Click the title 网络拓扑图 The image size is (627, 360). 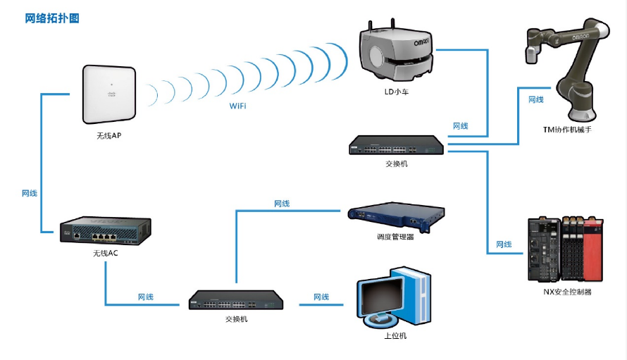[x=52, y=18]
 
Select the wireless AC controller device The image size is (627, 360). [x=105, y=231]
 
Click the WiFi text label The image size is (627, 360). [x=238, y=106]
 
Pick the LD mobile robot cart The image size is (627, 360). [x=397, y=53]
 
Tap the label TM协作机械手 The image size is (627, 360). [x=566, y=130]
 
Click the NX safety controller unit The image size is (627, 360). [x=565, y=249]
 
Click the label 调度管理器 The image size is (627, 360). [x=395, y=237]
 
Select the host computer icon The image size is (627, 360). [x=393, y=296]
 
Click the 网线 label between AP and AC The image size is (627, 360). [x=30, y=192]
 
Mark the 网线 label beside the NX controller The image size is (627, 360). [x=504, y=244]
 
